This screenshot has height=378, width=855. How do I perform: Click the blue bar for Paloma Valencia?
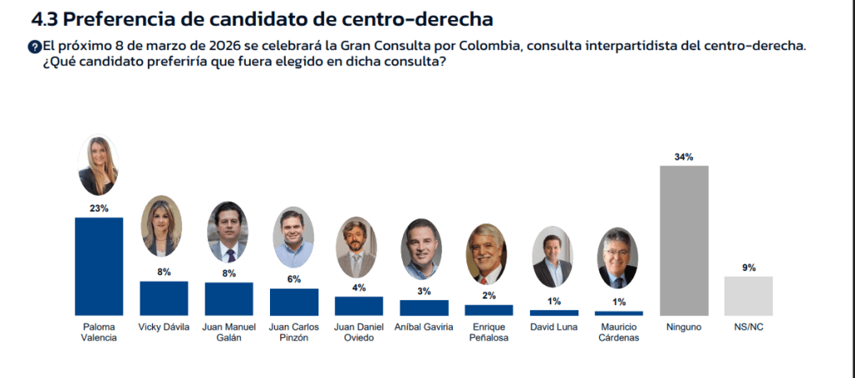[99, 265]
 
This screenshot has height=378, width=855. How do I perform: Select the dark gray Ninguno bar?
[684, 239]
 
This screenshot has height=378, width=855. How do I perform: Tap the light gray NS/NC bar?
[748, 294]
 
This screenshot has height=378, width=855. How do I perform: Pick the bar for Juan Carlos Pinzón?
[293, 301]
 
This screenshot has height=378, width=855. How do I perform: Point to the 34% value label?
[684, 157]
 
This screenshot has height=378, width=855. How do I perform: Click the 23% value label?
[99, 208]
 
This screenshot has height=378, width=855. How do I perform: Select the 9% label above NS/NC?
[748, 268]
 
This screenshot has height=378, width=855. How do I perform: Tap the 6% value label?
[293, 279]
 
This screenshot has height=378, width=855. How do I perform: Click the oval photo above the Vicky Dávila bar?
[161, 227]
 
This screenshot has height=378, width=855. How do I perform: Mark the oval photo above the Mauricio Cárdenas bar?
[618, 258]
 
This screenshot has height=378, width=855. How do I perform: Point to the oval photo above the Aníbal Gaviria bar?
[422, 249]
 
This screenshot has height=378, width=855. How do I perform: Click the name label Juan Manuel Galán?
[228, 332]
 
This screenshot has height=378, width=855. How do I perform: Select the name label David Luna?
[552, 327]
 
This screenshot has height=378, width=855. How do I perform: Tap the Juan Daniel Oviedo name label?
[359, 332]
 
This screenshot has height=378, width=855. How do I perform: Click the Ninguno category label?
[684, 327]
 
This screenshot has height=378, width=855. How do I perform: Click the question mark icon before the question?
[35, 47]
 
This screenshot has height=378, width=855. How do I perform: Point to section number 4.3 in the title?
[44, 18]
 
